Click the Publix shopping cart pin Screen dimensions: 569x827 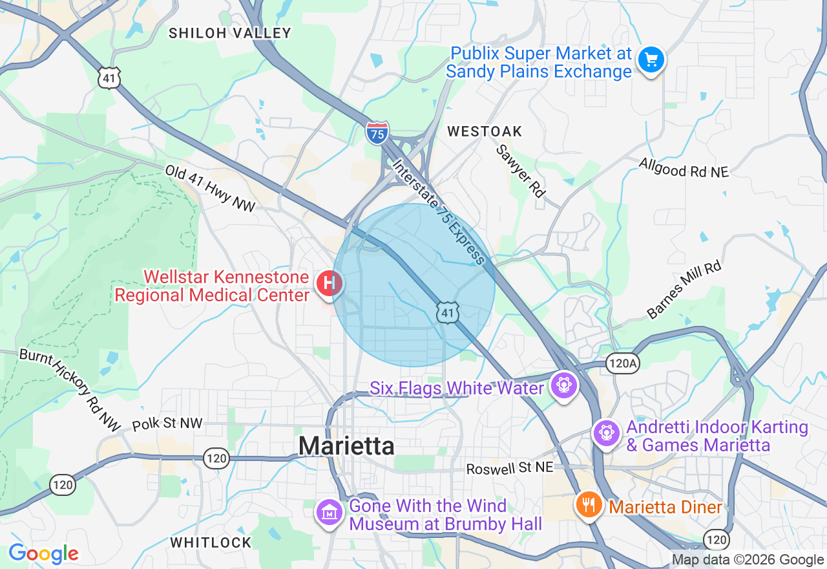point(651,61)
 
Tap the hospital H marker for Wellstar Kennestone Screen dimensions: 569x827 point(328,283)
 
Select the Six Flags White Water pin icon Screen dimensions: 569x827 point(564,386)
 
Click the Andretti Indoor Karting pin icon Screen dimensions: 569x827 point(607,433)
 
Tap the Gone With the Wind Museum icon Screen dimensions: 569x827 point(330,513)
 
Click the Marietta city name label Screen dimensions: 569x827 point(346,446)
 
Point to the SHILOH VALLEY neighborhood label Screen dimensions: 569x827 point(230,33)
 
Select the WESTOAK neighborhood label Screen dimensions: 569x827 point(485,131)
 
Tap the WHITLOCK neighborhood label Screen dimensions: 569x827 point(211,542)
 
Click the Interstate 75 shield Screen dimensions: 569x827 point(377,133)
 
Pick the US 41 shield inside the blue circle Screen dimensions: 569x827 point(448,312)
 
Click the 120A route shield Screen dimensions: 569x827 point(623,363)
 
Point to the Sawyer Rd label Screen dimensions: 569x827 point(521,170)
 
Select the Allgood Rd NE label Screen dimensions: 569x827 point(684,167)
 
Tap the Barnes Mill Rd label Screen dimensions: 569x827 point(684,290)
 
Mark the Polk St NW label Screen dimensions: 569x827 point(167,424)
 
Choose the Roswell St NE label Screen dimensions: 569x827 point(510,467)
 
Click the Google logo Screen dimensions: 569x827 point(43,554)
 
